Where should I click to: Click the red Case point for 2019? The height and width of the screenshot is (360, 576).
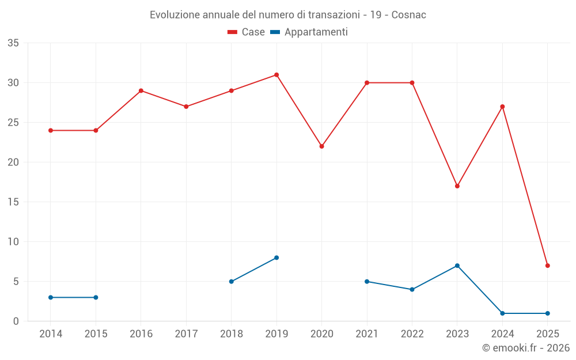276,75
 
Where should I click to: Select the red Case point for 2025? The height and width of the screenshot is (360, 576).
548,266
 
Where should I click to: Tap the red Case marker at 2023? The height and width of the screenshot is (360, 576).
457,186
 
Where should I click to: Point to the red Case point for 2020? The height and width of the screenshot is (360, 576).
322,146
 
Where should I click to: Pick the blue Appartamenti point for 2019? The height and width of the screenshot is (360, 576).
276,257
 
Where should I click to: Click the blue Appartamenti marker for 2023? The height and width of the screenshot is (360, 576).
457,266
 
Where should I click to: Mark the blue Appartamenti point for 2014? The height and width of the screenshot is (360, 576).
51,297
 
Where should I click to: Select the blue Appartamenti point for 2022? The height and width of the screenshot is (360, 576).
412,289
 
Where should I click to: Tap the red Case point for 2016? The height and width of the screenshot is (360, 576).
141,90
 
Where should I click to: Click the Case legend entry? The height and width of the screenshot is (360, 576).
247,32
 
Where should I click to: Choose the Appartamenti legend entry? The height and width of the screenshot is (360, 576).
309,32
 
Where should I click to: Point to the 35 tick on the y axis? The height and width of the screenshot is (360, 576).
13,43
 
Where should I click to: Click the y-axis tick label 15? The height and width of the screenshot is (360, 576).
13,202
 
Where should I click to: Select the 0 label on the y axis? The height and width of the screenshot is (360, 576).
16,321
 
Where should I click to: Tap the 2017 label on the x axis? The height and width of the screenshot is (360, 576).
186,334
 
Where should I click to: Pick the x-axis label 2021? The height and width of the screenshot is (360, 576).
367,334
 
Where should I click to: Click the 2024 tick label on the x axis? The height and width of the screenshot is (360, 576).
502,334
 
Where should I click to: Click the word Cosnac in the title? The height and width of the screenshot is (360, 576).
409,15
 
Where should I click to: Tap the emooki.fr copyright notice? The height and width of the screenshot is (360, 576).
526,348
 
